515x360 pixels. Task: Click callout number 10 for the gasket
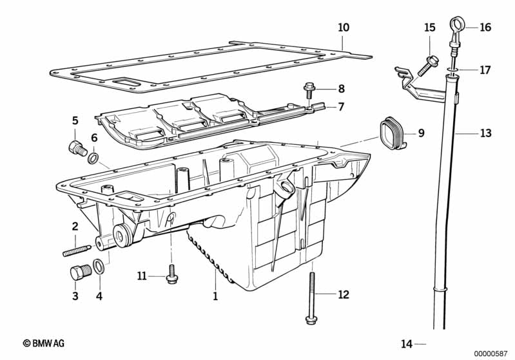[344, 28]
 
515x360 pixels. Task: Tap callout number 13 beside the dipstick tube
[485, 134]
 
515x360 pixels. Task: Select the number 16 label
[485, 27]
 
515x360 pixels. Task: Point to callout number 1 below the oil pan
[215, 297]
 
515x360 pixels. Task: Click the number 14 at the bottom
[406, 343]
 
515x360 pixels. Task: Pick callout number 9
[421, 133]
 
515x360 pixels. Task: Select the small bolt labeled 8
[308, 88]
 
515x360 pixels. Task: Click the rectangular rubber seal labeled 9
[391, 134]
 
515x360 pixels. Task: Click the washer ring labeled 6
[94, 158]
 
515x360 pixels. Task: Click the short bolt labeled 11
[171, 273]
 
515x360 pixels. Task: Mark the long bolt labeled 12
[311, 296]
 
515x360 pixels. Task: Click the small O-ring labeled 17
[453, 68]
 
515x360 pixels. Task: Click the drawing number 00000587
[491, 352]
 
